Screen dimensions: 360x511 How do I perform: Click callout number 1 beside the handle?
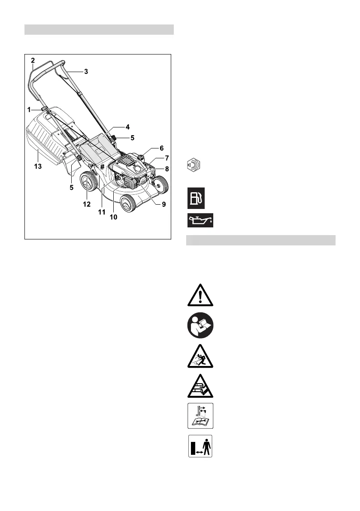pyautogui.click(x=29, y=109)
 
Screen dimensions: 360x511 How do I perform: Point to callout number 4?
pyautogui.click(x=127, y=127)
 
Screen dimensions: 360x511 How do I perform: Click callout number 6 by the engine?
pyautogui.click(x=162, y=148)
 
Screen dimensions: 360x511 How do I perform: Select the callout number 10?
pyautogui.click(x=113, y=217)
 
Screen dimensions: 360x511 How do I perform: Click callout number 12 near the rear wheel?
pyautogui.click(x=87, y=204)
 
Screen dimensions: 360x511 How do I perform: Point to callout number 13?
pyautogui.click(x=38, y=166)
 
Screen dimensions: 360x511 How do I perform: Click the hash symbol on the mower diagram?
pyautogui.click(x=103, y=167)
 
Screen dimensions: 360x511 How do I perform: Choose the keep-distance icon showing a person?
pyautogui.click(x=200, y=446)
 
